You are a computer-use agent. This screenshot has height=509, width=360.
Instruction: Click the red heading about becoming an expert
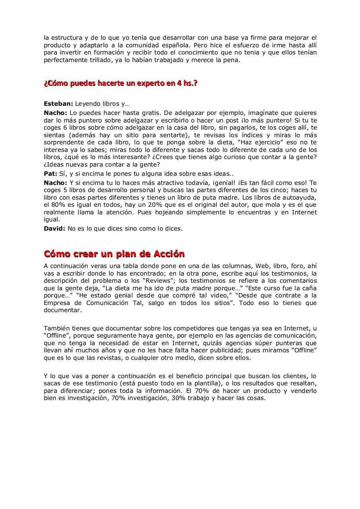pyautogui.click(x=121, y=84)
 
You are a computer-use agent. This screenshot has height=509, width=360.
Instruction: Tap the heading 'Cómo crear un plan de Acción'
pyautogui.click(x=114, y=254)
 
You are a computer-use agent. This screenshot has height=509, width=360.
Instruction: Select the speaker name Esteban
pyautogui.click(x=58, y=104)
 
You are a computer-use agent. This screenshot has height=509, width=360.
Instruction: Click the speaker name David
pyautogui.click(x=54, y=229)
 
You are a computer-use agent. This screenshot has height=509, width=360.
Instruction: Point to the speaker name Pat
pyautogui.click(x=51, y=174)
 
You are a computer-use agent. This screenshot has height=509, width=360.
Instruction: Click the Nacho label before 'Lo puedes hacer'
pyautogui.click(x=55, y=113)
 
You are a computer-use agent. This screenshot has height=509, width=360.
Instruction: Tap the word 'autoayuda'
pyautogui.click(x=300, y=198)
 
